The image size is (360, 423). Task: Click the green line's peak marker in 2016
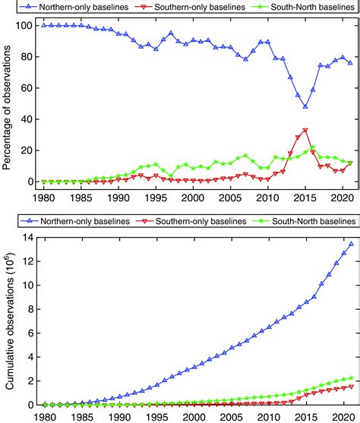[x=312, y=148]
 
